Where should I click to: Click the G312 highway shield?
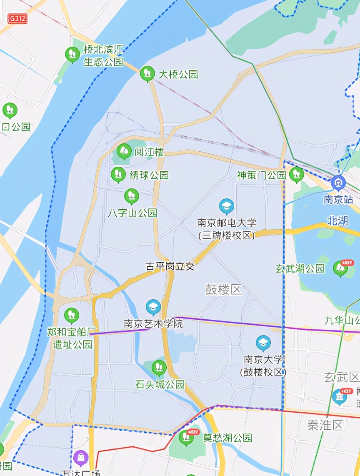[x=17, y=19]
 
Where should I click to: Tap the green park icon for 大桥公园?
[x=147, y=74]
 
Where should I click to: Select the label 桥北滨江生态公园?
[x=103, y=56]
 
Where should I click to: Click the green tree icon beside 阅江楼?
[x=124, y=151]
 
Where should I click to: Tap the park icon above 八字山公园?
[x=132, y=196]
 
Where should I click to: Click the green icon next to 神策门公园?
[x=296, y=174]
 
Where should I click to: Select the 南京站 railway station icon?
[x=338, y=183]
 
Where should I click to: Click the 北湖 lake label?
[x=337, y=220]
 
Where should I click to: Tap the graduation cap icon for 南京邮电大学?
[x=227, y=206]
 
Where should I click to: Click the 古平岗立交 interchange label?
[x=170, y=266]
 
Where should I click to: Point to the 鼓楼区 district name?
[x=223, y=290]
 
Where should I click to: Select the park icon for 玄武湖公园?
[x=340, y=268]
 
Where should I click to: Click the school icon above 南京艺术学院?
[x=153, y=308]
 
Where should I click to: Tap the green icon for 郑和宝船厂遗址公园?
[x=71, y=315]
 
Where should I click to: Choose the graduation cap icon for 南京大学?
[x=263, y=343]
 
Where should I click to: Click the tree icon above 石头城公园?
[x=159, y=368]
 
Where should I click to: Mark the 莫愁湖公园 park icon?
[x=186, y=437]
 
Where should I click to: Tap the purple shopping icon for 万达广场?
[x=81, y=458]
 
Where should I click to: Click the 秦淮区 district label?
[x=325, y=425]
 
